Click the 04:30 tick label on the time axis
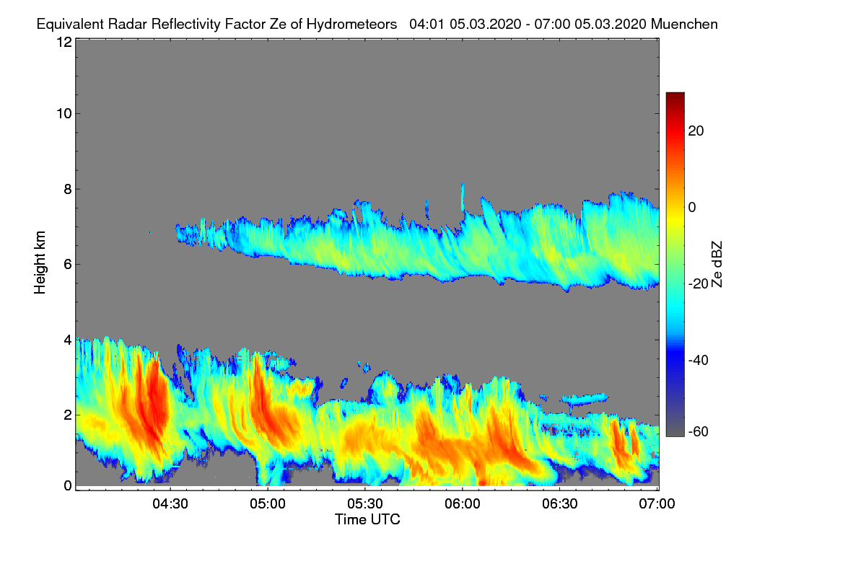170,504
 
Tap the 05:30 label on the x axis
364,504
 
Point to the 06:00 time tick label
462,504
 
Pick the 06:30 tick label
560,504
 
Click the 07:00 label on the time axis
657,504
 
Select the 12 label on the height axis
64,42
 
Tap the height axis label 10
64,113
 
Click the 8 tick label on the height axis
68,189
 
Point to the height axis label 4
68,339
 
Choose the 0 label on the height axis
68,485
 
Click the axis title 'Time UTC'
367,519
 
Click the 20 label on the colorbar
696,131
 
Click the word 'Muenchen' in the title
684,24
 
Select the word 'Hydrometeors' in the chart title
351,24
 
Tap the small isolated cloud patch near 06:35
585,397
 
